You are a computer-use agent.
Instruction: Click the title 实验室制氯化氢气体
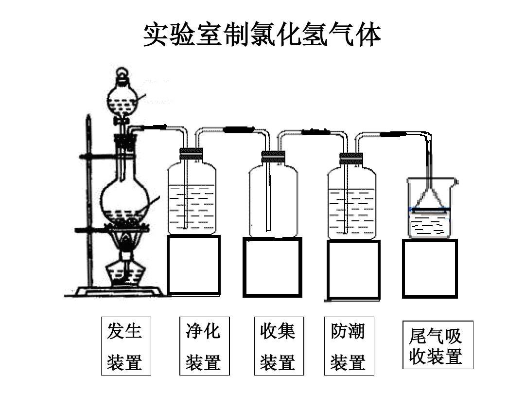tap(262, 35)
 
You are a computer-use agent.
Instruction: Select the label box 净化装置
tap(204, 346)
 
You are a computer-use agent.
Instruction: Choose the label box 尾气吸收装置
tap(437, 345)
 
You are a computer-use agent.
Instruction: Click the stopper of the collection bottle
tap(273, 157)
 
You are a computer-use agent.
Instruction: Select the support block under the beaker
tap(430, 269)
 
